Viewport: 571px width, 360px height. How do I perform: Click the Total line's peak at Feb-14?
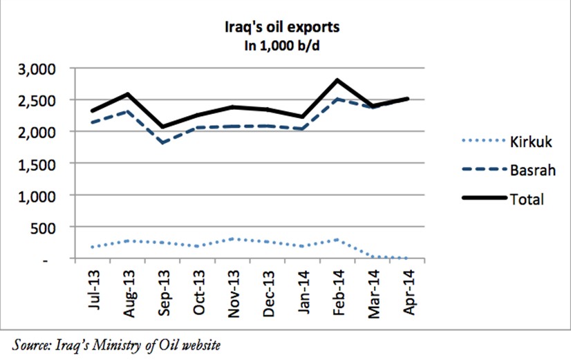(x=337, y=80)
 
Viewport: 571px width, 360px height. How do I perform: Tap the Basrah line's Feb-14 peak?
(x=337, y=99)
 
